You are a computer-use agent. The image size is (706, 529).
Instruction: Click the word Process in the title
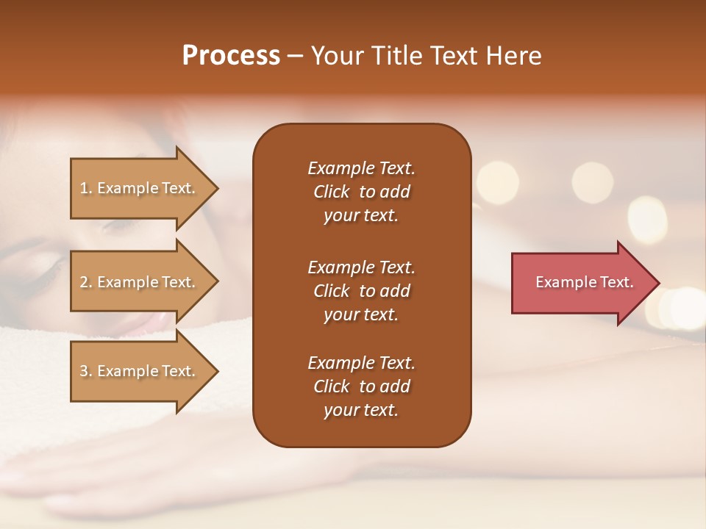pos(231,56)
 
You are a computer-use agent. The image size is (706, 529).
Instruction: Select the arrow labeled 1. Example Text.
pos(140,188)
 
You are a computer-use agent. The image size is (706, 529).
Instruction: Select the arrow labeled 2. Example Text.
pos(140,282)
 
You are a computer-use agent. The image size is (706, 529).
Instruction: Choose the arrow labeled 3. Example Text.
pos(140,371)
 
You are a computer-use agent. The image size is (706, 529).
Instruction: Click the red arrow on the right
pos(581,282)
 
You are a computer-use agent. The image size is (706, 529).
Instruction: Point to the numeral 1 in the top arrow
pos(83,188)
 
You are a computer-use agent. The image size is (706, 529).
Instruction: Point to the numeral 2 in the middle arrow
pos(84,282)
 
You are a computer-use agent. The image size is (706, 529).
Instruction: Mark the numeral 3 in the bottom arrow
pos(84,371)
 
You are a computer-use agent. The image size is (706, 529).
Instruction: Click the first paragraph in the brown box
pos(361,192)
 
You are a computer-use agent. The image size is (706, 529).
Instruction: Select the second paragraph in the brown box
pos(361,290)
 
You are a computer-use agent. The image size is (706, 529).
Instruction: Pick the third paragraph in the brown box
pos(361,386)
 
